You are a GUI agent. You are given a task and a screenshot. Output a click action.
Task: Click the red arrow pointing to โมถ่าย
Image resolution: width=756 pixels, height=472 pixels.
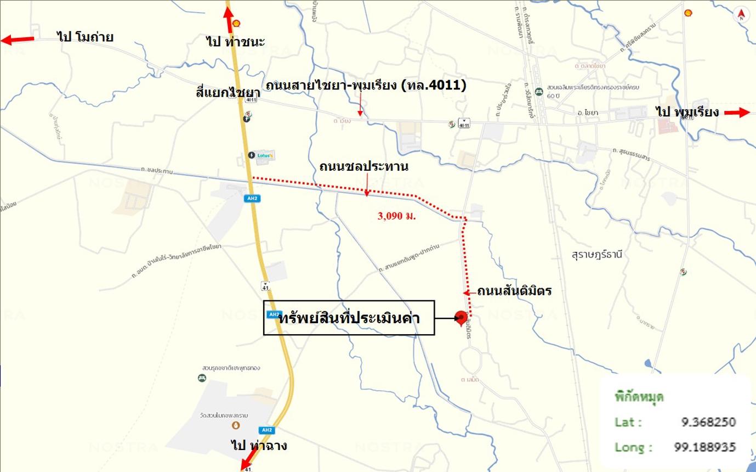[17, 39]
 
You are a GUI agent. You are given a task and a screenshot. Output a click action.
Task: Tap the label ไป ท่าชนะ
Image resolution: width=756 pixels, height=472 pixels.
[236, 42]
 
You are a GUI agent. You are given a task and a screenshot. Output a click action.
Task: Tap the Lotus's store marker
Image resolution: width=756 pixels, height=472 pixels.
[261, 155]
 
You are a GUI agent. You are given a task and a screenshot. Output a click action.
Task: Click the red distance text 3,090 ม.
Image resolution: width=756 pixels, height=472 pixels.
[396, 216]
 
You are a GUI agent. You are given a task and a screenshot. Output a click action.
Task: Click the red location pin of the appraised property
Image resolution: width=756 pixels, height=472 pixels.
[461, 317]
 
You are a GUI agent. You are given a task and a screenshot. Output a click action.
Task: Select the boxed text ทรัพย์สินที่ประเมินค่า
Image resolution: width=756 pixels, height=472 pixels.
[349, 318]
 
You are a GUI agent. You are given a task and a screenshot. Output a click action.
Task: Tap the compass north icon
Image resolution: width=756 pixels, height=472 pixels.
[741, 15]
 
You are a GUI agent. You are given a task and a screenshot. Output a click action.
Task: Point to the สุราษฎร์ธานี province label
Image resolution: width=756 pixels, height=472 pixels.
[601, 255]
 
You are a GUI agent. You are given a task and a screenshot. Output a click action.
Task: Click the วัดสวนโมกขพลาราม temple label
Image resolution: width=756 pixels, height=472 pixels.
[237, 412]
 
